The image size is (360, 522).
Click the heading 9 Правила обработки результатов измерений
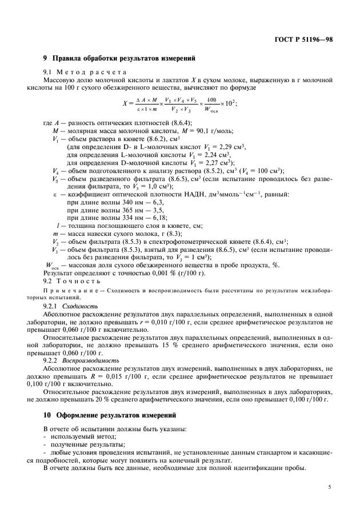[119, 59]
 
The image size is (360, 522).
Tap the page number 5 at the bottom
[330, 487]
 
